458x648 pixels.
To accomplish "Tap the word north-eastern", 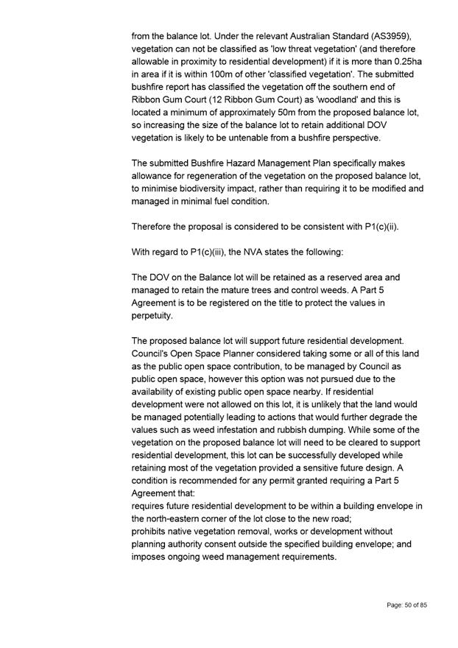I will (x=175, y=518).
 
